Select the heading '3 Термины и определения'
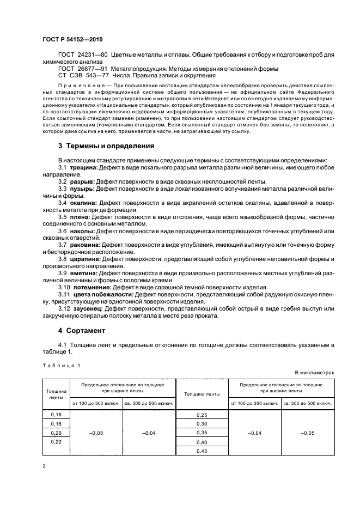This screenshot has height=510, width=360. [x=107, y=146]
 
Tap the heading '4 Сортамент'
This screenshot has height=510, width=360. [x=81, y=330]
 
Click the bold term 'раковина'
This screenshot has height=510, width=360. [x=86, y=245]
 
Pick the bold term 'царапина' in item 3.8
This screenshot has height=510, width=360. [x=85, y=259]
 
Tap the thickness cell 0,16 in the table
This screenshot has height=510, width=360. [x=56, y=415]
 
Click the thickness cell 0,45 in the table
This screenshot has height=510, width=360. [x=202, y=451]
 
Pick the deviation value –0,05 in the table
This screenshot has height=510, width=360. [x=308, y=433]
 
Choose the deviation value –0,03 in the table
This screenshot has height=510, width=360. [x=96, y=433]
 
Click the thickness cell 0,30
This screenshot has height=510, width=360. [x=202, y=424]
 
